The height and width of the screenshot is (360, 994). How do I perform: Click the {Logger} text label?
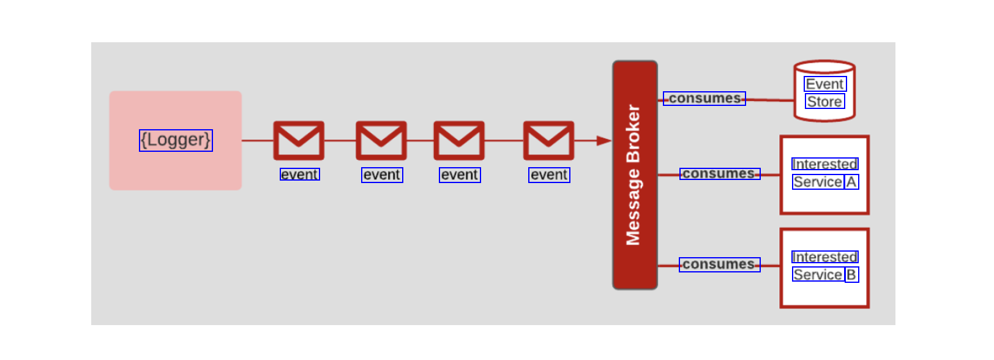coord(176,140)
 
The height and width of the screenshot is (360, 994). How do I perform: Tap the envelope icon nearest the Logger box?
coord(299,140)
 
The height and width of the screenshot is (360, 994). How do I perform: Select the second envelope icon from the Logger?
coord(381,140)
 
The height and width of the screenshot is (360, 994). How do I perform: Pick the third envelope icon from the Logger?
coord(459,140)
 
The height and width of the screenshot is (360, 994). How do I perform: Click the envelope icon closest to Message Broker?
coord(548,140)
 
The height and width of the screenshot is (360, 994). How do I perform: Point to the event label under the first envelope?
coord(299,174)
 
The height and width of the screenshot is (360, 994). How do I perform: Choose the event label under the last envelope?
coord(549,175)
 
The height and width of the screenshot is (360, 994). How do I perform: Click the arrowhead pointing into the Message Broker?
coord(604,141)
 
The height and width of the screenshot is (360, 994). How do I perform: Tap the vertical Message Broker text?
coord(633,175)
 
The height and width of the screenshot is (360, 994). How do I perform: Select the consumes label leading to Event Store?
coord(704,98)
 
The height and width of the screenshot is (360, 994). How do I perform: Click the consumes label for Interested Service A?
coord(719,174)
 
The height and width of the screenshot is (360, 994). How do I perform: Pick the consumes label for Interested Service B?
coord(719,264)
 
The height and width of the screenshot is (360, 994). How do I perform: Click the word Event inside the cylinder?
coord(824,84)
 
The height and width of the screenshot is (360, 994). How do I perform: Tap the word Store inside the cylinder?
coord(824,102)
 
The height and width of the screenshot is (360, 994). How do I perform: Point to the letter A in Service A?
coord(851,182)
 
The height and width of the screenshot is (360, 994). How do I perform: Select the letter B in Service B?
coord(851,275)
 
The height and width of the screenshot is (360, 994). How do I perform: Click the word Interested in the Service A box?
coord(824,164)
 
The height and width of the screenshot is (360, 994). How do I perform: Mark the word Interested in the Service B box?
coord(824,257)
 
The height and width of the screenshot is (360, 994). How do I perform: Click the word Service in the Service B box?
coord(818,275)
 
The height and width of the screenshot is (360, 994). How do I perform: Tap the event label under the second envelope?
coord(382,175)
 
